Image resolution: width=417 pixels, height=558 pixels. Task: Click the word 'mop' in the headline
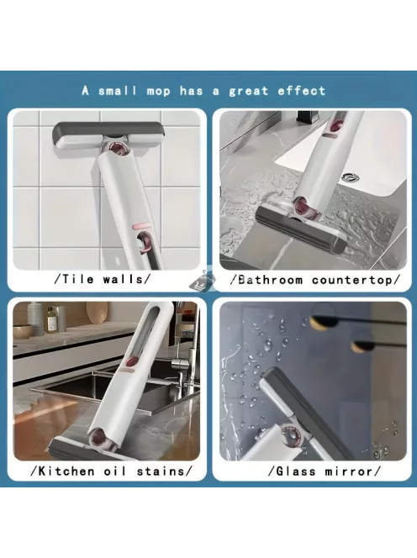pos(158,91)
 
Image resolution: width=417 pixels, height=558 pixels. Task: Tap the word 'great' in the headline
pos(248,91)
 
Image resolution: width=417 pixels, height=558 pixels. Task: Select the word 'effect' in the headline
pos(302,91)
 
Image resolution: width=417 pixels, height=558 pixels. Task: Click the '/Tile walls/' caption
pos(103,279)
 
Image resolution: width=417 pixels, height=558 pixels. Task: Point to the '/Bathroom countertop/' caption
pos(315,280)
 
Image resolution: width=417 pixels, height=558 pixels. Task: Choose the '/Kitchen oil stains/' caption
pos(112,471)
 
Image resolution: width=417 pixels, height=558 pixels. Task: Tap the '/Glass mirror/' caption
pos(325,471)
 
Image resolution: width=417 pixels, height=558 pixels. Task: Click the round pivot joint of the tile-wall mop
pos(120,149)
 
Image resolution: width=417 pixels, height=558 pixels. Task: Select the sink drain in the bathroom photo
pos(350,177)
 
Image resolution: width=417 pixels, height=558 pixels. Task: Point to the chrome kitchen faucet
pos(181,363)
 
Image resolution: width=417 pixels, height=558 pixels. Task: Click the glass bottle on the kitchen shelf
pos(52,319)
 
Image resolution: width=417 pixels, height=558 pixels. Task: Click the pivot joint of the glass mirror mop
pos(291,435)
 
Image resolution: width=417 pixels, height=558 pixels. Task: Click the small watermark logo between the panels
pos(203,280)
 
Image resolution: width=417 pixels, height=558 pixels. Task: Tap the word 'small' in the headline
pos(118,91)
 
